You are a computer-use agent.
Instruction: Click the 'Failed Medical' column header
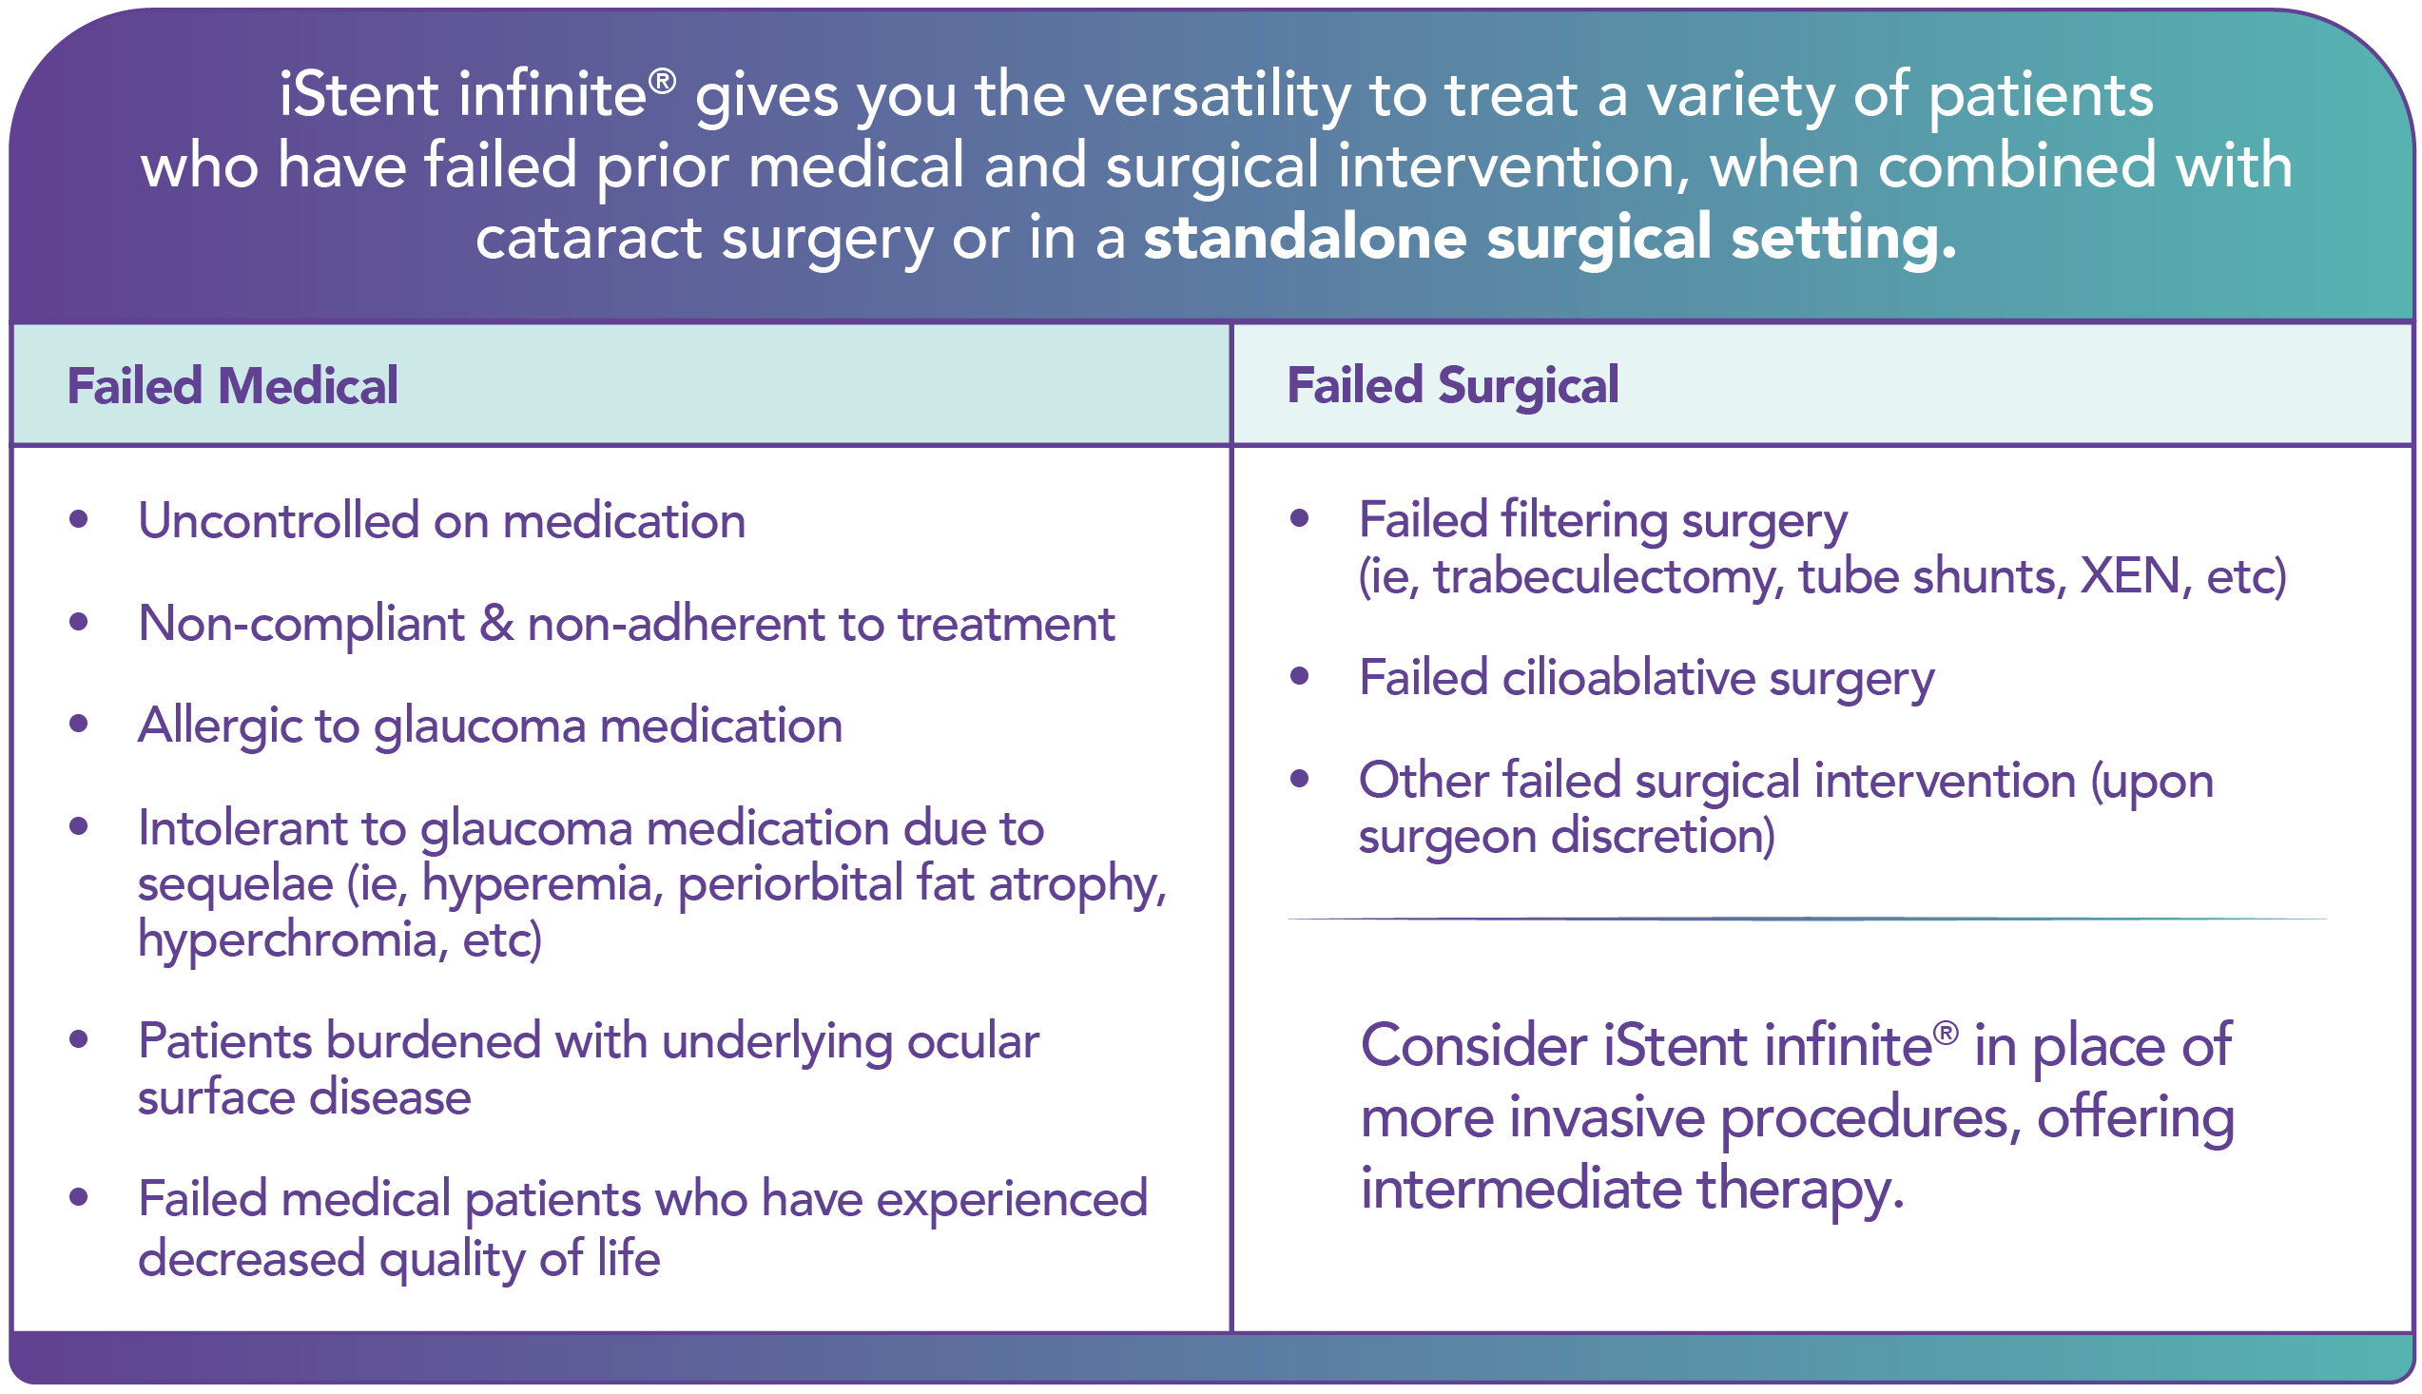(x=232, y=386)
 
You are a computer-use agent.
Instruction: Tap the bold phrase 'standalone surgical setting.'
(x=1550, y=238)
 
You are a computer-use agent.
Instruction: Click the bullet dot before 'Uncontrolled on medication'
(x=79, y=520)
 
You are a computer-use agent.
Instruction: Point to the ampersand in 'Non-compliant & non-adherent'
(x=495, y=623)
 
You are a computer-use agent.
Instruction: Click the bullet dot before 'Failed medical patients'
(x=79, y=1197)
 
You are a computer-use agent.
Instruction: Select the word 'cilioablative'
(x=1628, y=678)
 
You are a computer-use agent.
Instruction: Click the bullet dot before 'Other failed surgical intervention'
(x=1299, y=779)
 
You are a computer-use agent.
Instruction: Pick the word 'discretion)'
(x=1663, y=836)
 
